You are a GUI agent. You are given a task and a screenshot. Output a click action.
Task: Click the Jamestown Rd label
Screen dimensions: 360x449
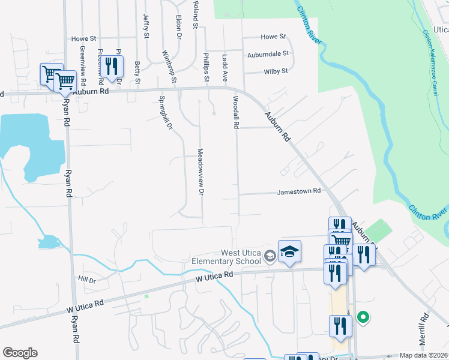[x=299, y=191]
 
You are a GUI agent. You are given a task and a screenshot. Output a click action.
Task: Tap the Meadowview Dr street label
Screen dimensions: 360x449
[x=201, y=172]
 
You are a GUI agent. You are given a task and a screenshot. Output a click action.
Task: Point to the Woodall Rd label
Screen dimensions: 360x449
[x=236, y=112]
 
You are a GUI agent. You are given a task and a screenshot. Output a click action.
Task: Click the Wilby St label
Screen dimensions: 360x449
[x=276, y=71]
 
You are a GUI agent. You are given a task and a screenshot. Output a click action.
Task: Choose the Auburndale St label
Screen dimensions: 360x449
[x=268, y=53]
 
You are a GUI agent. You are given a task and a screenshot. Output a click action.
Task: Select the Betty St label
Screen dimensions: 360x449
[x=137, y=73]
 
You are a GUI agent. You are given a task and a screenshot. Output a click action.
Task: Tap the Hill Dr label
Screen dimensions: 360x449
[x=86, y=280]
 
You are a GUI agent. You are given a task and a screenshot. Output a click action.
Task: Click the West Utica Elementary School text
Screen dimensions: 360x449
[x=226, y=257]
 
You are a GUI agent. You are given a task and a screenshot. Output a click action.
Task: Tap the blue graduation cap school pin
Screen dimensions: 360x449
[x=289, y=252]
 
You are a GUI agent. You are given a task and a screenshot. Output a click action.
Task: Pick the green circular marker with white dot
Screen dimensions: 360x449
[x=363, y=317]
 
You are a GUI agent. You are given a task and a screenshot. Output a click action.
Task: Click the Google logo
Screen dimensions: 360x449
[x=20, y=353]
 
